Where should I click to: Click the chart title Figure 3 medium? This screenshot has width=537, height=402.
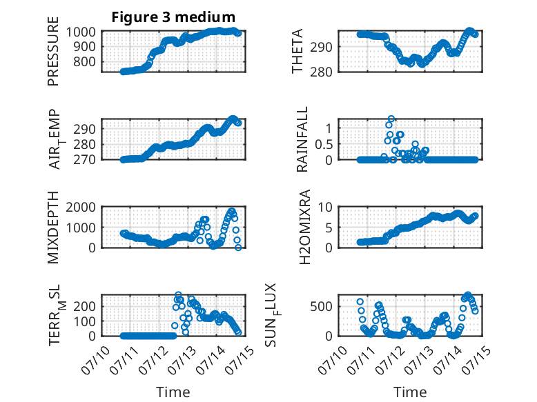tap(173, 17)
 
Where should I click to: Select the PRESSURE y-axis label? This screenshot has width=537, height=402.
tap(53, 51)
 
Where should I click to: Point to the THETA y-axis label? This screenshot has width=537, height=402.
tap(297, 51)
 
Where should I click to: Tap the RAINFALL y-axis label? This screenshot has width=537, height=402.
tap(302, 139)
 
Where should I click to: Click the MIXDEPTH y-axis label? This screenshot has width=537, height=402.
tap(53, 228)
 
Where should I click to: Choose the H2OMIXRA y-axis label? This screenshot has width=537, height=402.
tap(304, 227)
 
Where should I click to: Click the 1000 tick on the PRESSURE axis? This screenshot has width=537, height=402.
tap(81, 32)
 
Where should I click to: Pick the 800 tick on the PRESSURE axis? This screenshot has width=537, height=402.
tap(85, 62)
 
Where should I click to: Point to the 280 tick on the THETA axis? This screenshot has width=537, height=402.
tap(321, 72)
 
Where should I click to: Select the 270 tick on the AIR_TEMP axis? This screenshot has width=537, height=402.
tap(85, 160)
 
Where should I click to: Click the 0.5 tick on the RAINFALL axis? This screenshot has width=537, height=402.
tap(324, 144)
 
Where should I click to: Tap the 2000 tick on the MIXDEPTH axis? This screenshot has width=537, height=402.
tap(81, 207)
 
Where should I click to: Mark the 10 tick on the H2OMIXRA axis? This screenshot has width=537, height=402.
tap(325, 207)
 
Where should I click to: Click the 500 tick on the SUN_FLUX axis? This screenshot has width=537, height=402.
tap(321, 306)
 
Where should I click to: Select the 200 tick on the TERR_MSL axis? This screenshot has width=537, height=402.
tap(85, 306)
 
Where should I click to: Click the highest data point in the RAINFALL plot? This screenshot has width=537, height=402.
tap(391, 119)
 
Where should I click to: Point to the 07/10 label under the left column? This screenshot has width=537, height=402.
tap(96, 359)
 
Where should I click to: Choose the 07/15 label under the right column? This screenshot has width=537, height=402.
tap(476, 359)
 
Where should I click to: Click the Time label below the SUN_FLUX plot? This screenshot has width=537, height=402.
tap(410, 392)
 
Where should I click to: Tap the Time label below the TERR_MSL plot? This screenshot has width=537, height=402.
tap(173, 392)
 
